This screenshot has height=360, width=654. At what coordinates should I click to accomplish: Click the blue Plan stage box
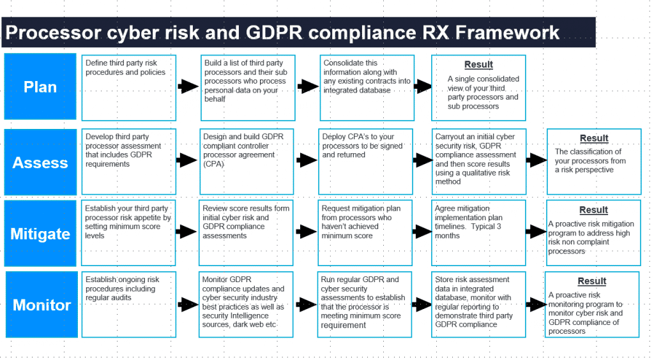tap(40, 86)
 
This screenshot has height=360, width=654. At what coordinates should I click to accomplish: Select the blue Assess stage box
tap(40, 162)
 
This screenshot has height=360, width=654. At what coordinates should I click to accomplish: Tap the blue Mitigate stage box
tap(40, 233)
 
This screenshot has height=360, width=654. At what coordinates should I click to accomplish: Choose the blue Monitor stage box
tap(42, 304)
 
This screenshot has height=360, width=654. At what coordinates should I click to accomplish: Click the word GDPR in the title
tap(273, 33)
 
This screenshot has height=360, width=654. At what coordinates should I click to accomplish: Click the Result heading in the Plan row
tap(478, 64)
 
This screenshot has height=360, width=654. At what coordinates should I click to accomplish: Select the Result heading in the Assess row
tap(594, 139)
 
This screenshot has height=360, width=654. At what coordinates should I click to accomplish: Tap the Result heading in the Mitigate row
tap(593, 210)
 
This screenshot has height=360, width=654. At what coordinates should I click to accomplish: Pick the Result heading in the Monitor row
tap(592, 281)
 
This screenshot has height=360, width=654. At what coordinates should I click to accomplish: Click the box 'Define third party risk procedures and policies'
tap(129, 88)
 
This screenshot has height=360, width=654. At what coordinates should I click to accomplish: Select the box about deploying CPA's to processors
tap(366, 161)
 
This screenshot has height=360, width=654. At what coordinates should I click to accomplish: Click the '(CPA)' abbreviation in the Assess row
tap(213, 164)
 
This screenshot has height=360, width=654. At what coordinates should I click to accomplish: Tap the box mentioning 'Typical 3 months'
tap(478, 233)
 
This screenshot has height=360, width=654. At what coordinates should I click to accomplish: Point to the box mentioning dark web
tap(246, 304)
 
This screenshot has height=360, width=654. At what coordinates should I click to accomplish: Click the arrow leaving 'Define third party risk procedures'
tap(188, 86)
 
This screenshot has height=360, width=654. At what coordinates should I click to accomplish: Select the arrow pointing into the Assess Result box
tap(536, 160)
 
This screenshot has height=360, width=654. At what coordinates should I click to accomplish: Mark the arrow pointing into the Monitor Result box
tap(536, 304)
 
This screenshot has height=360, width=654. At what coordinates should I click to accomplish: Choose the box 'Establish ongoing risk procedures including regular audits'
tap(129, 304)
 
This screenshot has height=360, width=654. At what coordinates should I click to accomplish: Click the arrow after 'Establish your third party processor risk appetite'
tap(186, 232)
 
